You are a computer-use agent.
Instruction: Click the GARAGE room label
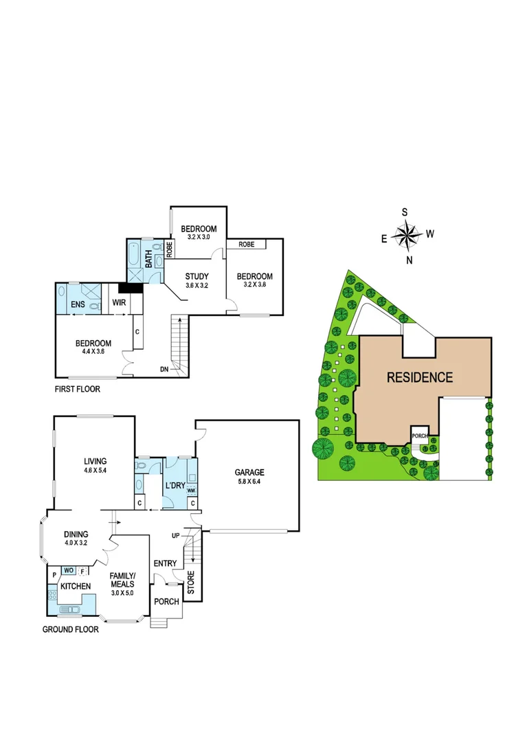pos(249,472)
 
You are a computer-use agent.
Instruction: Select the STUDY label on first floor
pos(197,277)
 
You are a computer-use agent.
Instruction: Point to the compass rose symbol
pos(408,236)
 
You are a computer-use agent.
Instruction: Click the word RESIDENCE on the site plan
pos(419,377)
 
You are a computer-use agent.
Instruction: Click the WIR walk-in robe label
pos(118,302)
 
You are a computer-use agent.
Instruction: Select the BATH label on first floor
pos(148,259)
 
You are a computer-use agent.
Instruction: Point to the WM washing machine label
pos(191,491)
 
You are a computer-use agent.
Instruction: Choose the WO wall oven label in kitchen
pos(69,570)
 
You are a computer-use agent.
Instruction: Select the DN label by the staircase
pos(164,370)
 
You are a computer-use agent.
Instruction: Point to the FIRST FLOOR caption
pos(77,389)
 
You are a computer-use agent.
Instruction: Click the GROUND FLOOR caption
pos(70,629)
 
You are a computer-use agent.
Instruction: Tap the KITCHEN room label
pos(76,586)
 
